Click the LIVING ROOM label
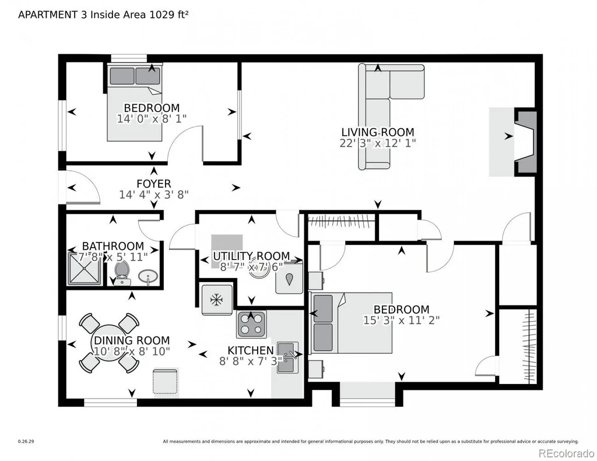coord(377,132)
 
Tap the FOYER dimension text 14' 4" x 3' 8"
coord(154,195)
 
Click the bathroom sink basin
coord(148,277)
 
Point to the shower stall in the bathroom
coord(85,269)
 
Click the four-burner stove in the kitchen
coord(252,324)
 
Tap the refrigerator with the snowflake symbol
coord(217,300)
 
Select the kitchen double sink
coord(287,357)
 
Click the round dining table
coord(109,343)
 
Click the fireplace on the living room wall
coord(525,142)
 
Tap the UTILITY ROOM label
coord(251,256)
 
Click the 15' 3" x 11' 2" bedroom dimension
coord(401,320)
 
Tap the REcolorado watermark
coord(566,453)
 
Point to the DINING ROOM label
coord(132,340)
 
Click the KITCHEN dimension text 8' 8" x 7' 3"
coord(251,361)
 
